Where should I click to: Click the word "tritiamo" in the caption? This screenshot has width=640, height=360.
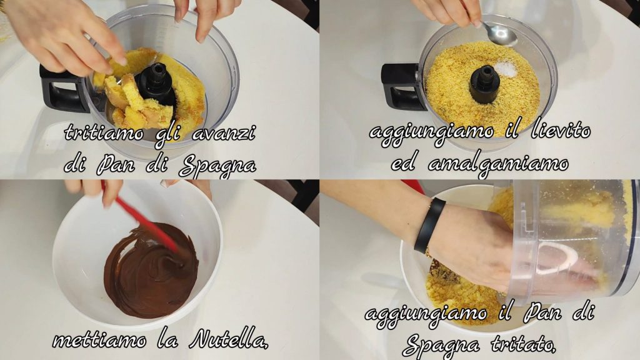click(104, 133)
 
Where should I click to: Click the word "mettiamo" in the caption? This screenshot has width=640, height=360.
click(99, 340)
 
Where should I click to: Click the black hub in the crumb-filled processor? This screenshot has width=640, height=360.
click(485, 84)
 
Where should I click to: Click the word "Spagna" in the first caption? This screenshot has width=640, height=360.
click(217, 165)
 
